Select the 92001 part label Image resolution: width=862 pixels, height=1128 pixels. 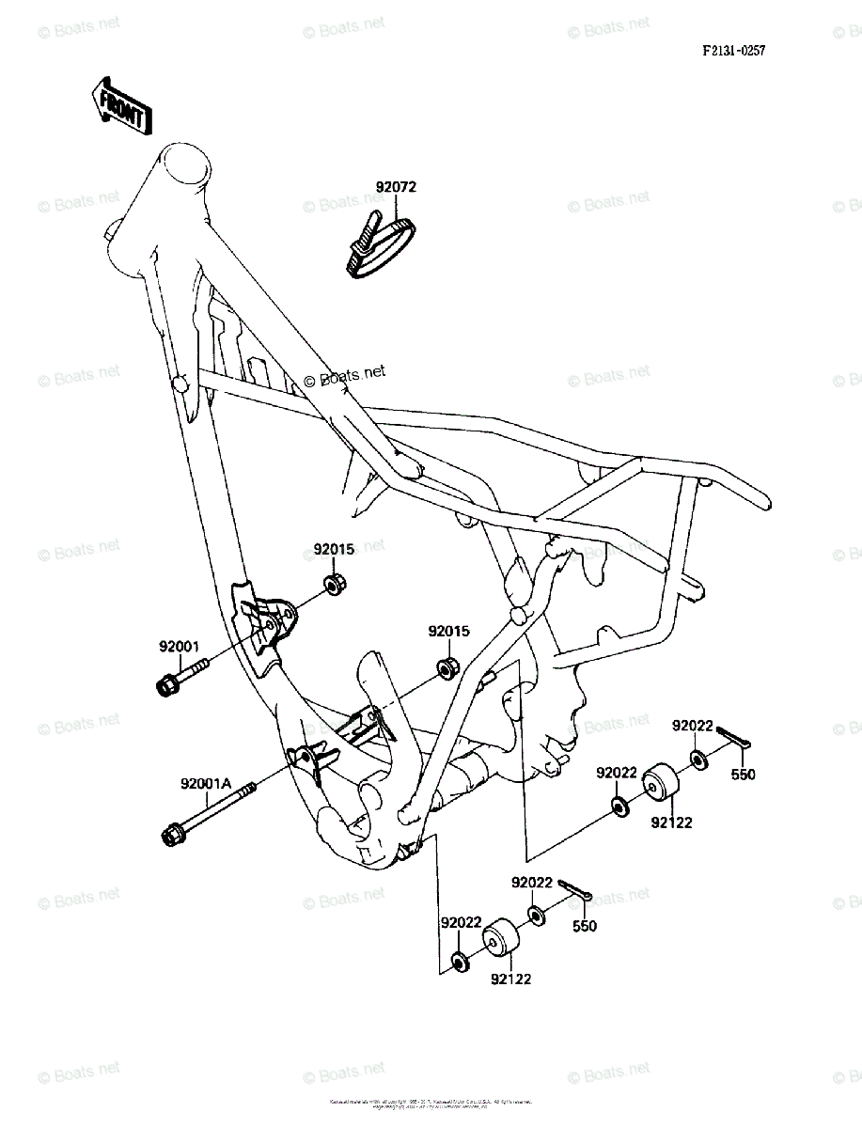click(x=179, y=647)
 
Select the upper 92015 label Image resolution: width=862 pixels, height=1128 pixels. click(x=334, y=549)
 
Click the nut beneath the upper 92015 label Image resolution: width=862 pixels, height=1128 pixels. click(x=334, y=584)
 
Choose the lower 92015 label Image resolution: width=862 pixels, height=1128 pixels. click(x=448, y=632)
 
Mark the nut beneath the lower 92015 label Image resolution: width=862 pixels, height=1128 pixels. click(x=448, y=668)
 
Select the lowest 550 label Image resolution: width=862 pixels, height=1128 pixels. click(x=585, y=926)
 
